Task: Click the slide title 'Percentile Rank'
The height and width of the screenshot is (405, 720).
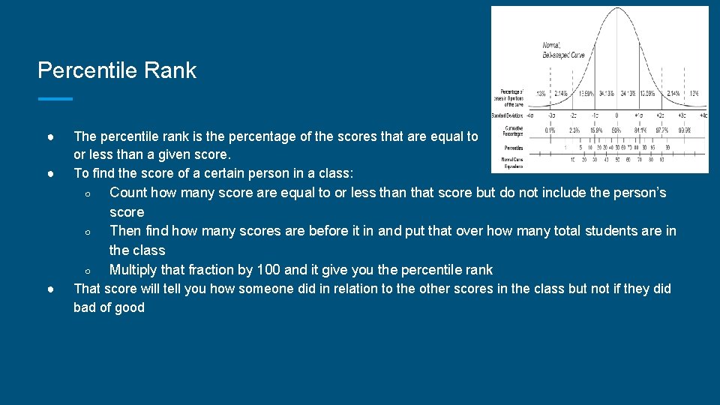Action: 117,70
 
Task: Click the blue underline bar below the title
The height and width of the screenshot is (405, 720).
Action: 55,98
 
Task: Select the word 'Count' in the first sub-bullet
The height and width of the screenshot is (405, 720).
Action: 128,193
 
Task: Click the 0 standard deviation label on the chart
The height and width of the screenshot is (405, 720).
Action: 616,115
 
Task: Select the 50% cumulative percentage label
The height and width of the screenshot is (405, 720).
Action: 616,130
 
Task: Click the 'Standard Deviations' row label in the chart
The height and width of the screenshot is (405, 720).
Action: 508,115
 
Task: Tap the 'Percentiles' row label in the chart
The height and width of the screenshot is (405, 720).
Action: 514,148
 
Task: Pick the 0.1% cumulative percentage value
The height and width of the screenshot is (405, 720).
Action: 551,130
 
